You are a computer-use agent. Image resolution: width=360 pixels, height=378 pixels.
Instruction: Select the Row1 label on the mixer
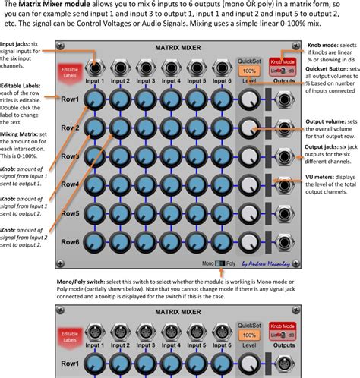pyautogui.click(x=71, y=100)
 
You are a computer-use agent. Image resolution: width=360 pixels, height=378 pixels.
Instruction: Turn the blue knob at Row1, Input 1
pyautogui.click(x=95, y=99)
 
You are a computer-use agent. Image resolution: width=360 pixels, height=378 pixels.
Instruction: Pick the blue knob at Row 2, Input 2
pyautogui.click(x=120, y=128)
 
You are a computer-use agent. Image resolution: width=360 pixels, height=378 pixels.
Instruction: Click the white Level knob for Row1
pyautogui.click(x=249, y=99)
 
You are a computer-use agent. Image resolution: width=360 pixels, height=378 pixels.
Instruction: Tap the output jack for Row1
pyautogui.click(x=284, y=99)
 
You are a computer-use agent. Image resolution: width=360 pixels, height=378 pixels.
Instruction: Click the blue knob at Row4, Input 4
pyautogui.click(x=170, y=184)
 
